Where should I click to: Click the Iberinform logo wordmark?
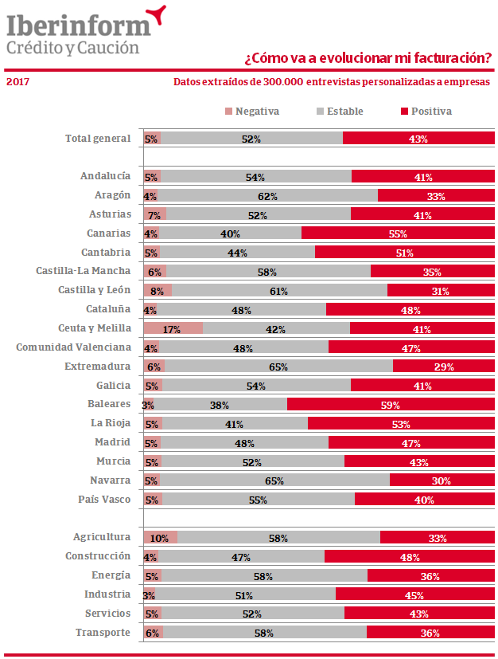(78, 25)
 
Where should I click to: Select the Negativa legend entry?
(252, 112)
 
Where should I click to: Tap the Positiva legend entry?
(426, 112)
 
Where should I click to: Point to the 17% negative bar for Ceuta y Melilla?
(173, 328)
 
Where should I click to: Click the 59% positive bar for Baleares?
(391, 405)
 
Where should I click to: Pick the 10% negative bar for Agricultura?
(160, 538)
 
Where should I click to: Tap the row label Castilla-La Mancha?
(83, 271)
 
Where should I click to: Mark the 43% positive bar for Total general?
(418, 139)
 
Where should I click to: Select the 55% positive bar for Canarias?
(398, 233)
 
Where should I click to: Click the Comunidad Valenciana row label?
(73, 347)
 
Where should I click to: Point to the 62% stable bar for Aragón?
(267, 196)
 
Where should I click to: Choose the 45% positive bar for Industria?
(414, 594)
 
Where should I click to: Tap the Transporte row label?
(103, 633)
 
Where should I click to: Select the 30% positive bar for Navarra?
(442, 481)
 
